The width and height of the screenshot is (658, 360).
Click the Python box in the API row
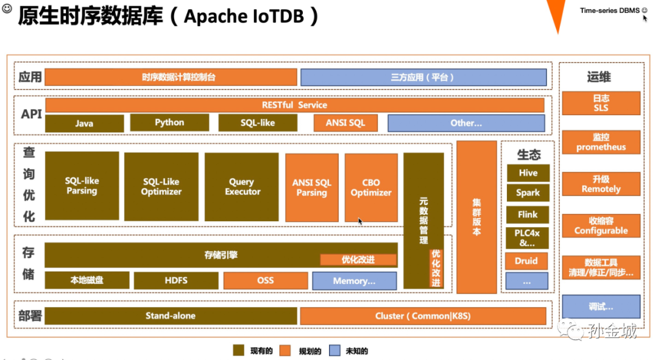169,122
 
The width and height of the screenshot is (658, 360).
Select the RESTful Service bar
294,105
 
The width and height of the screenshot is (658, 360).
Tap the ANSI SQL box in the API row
345,122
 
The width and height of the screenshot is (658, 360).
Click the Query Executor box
242,186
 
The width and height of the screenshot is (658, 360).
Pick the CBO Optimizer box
371,187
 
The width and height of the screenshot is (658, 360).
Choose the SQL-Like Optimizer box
161,186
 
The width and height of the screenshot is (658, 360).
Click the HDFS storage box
176,280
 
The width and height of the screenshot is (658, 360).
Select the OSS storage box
266,280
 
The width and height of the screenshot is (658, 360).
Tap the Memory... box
354,281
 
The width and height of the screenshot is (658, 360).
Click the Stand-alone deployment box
171,316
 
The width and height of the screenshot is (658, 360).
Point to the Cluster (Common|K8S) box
423,316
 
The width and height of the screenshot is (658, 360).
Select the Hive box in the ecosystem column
528,173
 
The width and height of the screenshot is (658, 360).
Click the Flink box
528,214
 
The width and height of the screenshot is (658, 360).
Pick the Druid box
526,261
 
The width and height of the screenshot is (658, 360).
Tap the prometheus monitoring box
601,142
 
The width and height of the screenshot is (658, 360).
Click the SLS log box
601,103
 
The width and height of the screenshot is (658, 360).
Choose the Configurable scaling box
601,226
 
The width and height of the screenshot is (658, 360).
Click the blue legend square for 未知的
334,350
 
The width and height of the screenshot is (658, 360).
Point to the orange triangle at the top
557,13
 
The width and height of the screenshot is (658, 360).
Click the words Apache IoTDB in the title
244,16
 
